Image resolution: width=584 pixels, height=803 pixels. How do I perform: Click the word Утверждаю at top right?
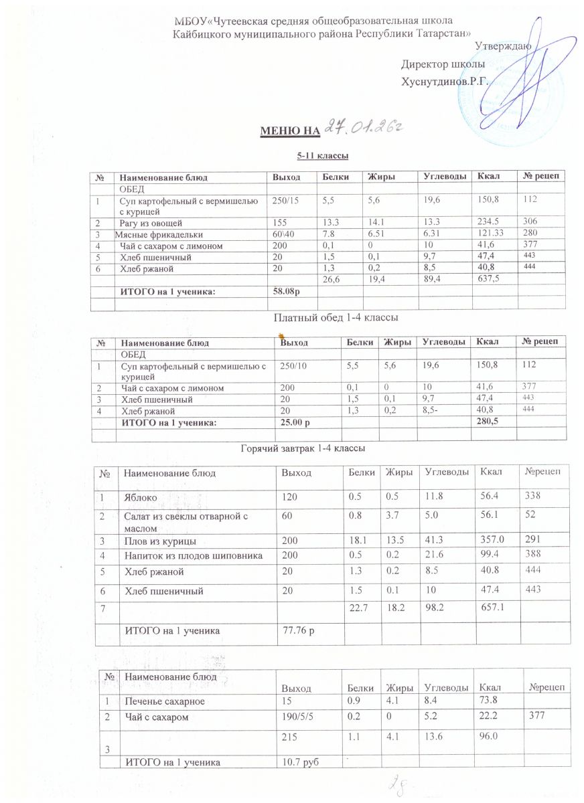[x=503, y=46]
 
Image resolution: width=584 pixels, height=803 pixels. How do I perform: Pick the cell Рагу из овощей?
[x=150, y=222]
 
